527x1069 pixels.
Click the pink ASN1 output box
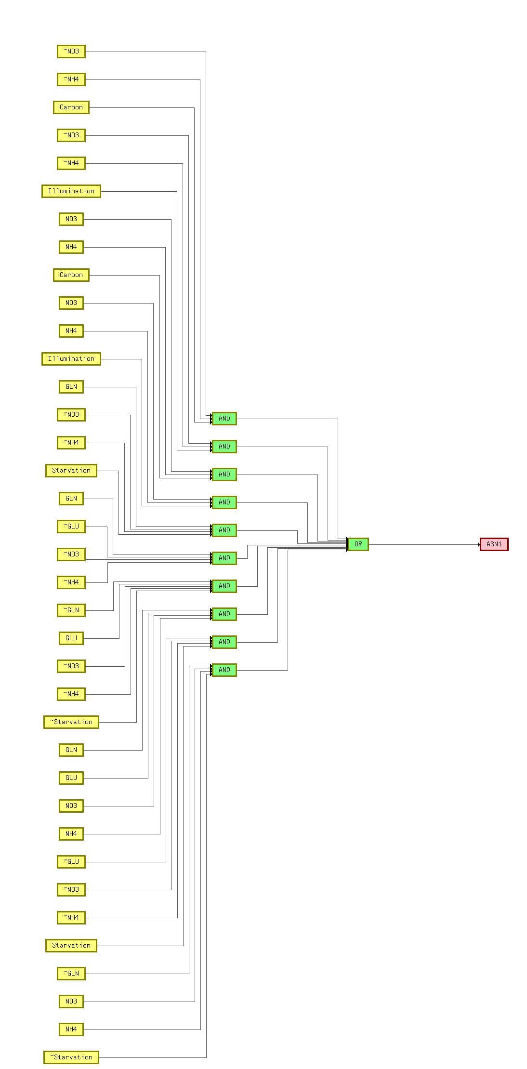coord(494,544)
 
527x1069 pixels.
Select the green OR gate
coord(358,544)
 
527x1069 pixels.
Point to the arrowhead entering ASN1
coord(479,545)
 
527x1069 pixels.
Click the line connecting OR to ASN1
coord(424,545)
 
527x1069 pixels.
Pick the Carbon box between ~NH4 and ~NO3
coord(71,107)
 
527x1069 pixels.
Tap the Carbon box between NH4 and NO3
coord(71,275)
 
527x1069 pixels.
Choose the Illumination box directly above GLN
coord(71,359)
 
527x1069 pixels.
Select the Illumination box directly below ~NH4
coord(71,191)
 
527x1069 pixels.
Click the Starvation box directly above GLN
coord(71,471)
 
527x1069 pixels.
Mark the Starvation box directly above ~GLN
coord(71,946)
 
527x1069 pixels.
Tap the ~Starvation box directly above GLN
coord(71,722)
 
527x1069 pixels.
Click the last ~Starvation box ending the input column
coord(71,1057)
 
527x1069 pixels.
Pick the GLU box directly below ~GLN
coord(71,638)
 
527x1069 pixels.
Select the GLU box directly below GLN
coord(71,778)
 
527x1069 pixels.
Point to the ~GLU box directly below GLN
coord(71,527)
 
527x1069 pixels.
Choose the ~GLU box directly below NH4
coord(71,862)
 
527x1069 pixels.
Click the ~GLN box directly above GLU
coord(71,610)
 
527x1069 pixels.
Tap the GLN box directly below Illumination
coord(71,387)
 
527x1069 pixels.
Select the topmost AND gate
coord(224,419)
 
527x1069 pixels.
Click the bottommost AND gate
coord(224,670)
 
